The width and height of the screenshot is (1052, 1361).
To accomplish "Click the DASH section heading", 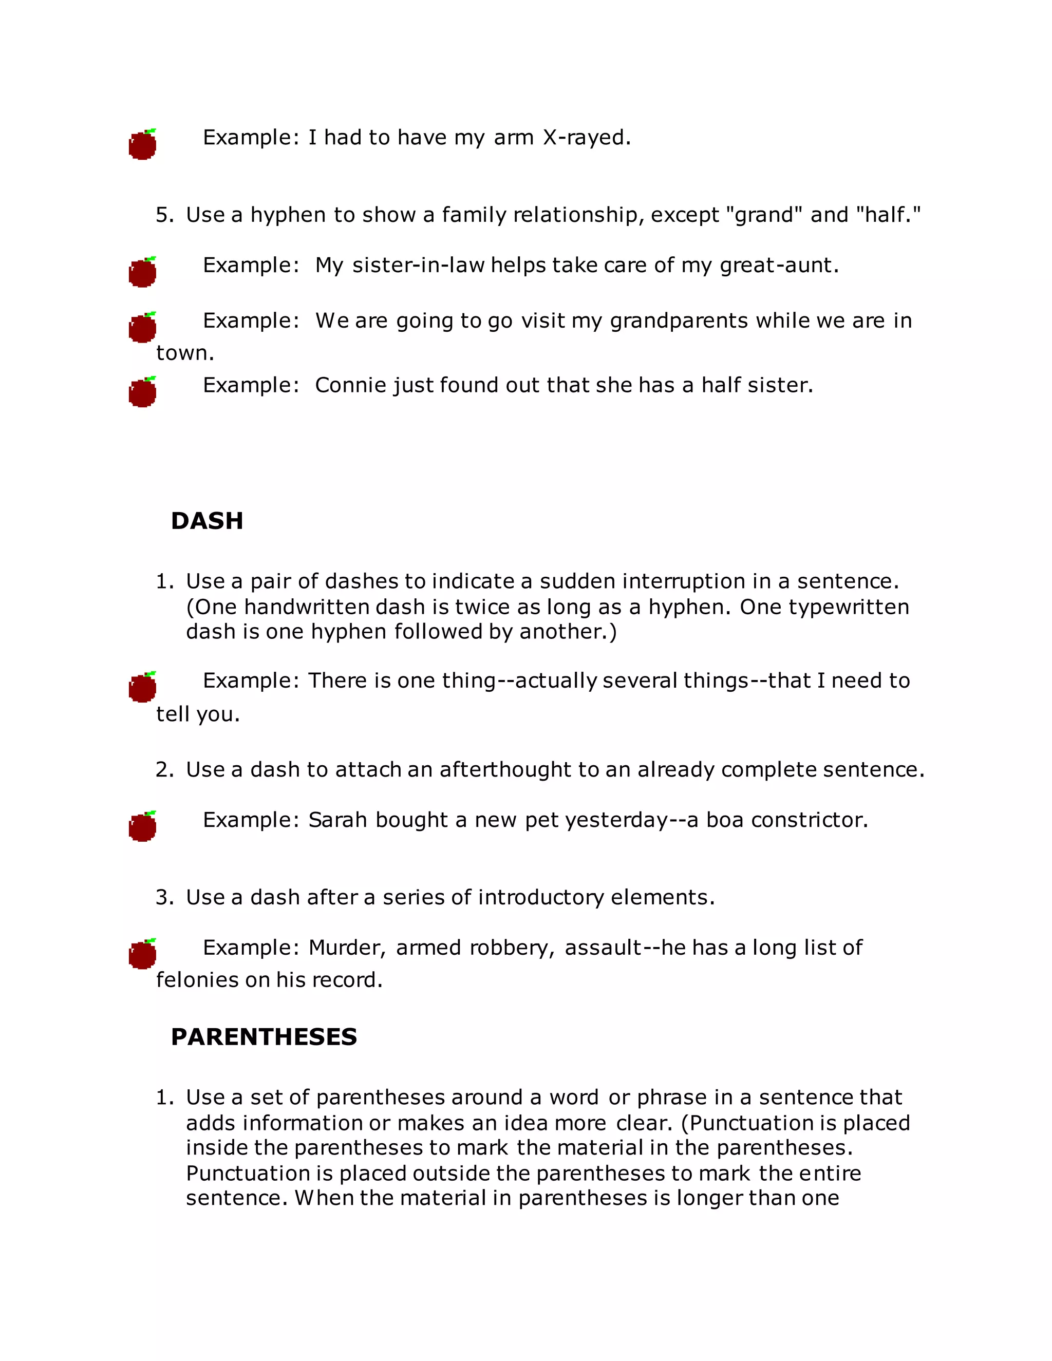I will click(x=207, y=521).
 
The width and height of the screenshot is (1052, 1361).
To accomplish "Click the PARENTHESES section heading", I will click(x=264, y=1037).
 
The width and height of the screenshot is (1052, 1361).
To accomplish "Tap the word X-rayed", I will click(x=587, y=138).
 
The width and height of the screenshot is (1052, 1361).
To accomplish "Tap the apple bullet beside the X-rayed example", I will click(x=143, y=145).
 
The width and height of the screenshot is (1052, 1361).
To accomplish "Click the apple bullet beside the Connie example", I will click(x=143, y=392).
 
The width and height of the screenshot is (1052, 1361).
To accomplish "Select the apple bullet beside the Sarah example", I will click(x=143, y=826).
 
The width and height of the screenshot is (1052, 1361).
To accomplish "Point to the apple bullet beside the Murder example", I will click(x=143, y=954).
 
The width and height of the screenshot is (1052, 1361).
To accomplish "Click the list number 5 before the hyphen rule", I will click(x=163, y=215).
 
